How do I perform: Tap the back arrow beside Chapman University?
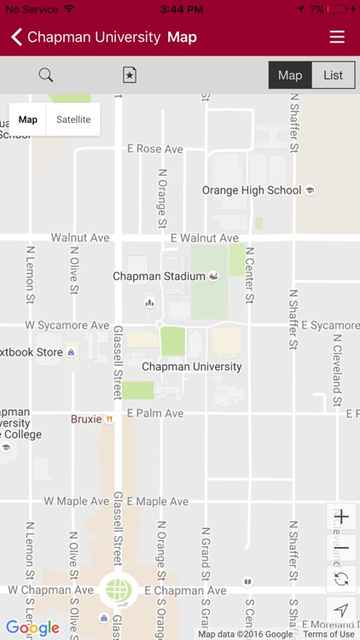(16, 37)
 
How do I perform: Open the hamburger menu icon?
(337, 37)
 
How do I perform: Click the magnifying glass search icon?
(46, 75)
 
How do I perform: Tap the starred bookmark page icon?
(129, 75)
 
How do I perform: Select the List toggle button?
(333, 75)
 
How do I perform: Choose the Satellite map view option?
(73, 119)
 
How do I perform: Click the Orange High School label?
(252, 190)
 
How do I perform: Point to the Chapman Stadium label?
(160, 276)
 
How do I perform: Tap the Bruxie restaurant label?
(86, 419)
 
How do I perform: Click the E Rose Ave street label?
(155, 148)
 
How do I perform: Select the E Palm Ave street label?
(155, 413)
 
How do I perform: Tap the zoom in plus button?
(341, 517)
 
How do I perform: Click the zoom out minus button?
(341, 548)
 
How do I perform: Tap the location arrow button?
(341, 610)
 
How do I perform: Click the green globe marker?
(119, 590)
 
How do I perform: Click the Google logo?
(32, 629)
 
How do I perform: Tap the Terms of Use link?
(328, 634)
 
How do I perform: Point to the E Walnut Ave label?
(204, 238)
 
